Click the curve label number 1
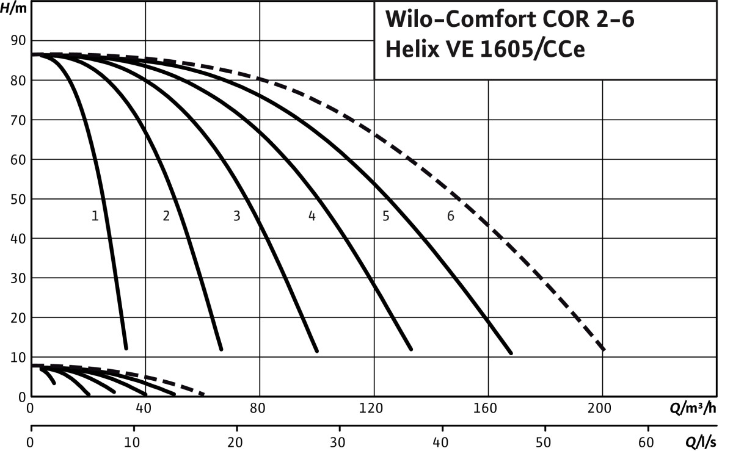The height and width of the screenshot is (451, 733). pos(95,216)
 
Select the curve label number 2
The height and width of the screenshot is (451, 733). pos(166,216)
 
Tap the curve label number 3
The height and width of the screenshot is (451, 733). pos(236,216)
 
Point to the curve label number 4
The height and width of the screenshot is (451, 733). pos(312,216)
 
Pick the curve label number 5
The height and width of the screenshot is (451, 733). pos(385,216)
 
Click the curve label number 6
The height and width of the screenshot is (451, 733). pos(451,216)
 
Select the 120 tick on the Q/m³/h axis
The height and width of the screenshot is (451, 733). pos(374,410)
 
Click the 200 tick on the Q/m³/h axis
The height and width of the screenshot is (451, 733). pos(602,410)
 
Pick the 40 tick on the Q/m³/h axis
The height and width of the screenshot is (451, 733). pos(145,410)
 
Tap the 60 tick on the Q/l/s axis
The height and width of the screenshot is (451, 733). pos(648,441)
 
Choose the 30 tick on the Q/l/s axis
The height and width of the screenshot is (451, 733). pos(339,441)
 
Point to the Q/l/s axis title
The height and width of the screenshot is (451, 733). pos(701,441)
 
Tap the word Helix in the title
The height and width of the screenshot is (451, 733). pos(407,49)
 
